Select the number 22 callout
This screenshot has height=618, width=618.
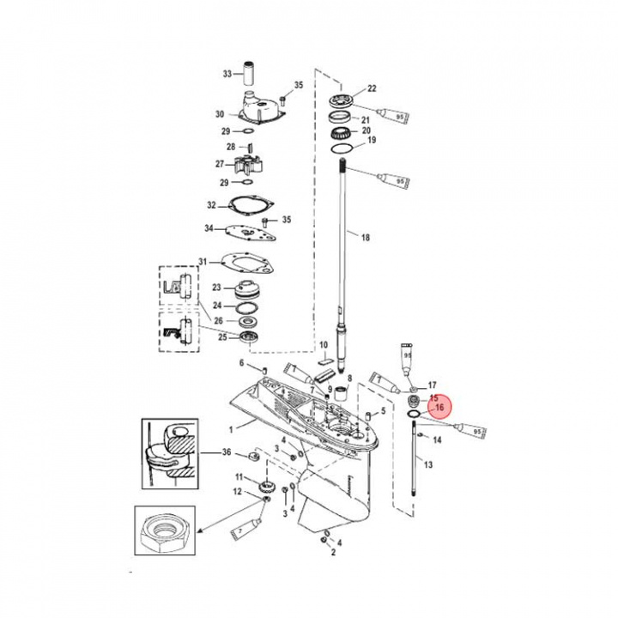373,88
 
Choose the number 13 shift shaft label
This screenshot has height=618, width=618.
429,464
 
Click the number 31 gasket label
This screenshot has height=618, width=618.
203,262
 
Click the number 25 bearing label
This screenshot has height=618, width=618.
223,337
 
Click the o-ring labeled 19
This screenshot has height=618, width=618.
342,148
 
